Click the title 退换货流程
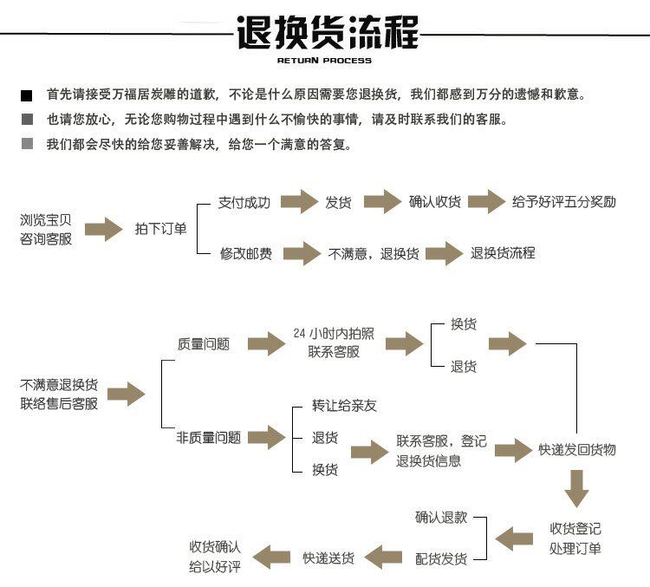click(327, 33)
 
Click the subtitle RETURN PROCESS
click(324, 61)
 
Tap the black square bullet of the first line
click(27, 95)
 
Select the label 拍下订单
click(160, 229)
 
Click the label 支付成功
click(244, 202)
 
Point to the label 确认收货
click(435, 202)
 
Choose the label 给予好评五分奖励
click(564, 202)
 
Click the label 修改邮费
click(246, 253)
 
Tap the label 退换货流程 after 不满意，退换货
click(503, 253)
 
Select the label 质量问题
click(204, 343)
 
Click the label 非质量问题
click(208, 438)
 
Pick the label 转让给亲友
click(345, 406)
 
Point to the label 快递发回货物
click(577, 449)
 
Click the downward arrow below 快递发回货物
click(576, 488)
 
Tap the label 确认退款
click(441, 517)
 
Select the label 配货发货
click(441, 558)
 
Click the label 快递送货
click(328, 558)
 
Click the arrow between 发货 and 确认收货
click(382, 202)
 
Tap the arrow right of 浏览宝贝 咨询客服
click(102, 229)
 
